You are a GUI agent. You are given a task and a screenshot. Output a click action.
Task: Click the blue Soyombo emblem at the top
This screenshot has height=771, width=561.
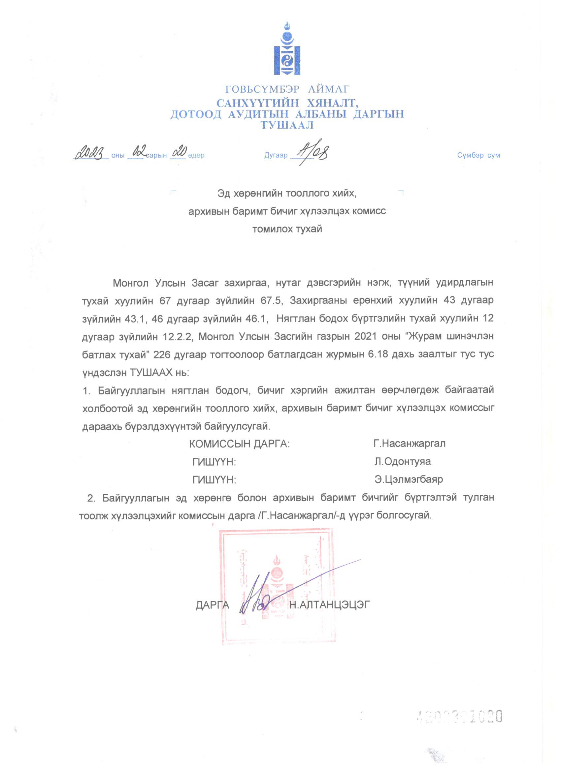point(287,49)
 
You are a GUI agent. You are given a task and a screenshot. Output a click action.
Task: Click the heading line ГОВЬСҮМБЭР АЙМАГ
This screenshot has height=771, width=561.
point(287,89)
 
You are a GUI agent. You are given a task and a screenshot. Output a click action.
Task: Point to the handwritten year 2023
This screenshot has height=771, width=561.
point(91,154)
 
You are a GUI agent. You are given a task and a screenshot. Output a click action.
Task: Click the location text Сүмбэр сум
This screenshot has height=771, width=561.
point(478,155)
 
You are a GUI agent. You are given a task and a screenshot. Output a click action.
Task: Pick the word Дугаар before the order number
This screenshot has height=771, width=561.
point(276,156)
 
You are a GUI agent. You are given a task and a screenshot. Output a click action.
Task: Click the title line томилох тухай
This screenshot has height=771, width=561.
point(287,229)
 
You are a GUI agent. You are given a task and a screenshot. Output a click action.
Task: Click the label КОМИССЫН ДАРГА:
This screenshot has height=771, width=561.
point(239,444)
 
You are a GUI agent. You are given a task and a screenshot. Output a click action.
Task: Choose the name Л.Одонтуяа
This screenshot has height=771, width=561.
point(402,462)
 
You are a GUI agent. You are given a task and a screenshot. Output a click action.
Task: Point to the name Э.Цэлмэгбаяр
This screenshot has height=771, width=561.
point(408,480)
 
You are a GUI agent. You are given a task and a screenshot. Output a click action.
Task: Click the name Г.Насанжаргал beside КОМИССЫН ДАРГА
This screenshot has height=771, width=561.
point(409,444)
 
